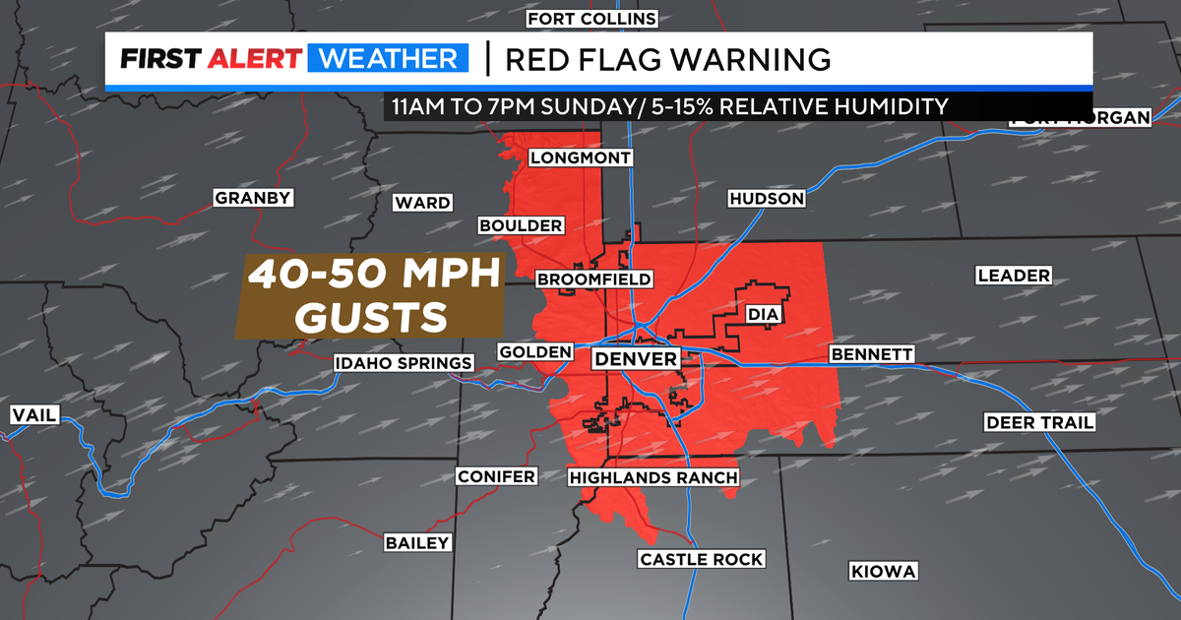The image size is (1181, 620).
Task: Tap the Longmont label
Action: pyautogui.click(x=580, y=157)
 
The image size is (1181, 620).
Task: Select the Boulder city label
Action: pyautogui.click(x=521, y=225)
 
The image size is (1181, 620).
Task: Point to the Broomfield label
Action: pyautogui.click(x=594, y=279)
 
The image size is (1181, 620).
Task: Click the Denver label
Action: pyautogui.click(x=636, y=359)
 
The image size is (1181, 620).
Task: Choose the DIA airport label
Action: pyautogui.click(x=763, y=315)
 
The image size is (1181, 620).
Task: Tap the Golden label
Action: pyautogui.click(x=535, y=351)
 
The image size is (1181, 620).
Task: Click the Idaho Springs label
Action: pyautogui.click(x=404, y=363)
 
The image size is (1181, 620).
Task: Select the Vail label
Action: pyautogui.click(x=33, y=414)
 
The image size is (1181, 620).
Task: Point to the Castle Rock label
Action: pyautogui.click(x=701, y=559)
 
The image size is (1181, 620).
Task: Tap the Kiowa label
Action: pyautogui.click(x=883, y=571)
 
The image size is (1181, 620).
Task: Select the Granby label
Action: pyautogui.click(x=253, y=198)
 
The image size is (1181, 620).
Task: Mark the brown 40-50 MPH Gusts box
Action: pyautogui.click(x=369, y=296)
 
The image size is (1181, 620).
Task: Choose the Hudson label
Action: pyautogui.click(x=767, y=199)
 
